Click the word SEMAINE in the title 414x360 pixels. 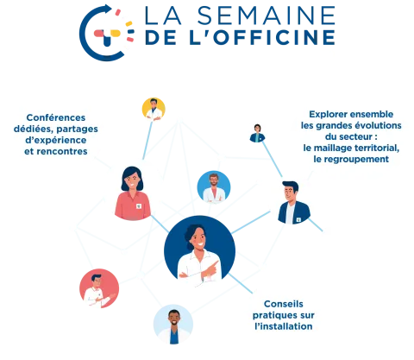pos(267,16)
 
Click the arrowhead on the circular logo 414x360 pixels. pos(108,9)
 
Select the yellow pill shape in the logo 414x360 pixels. pos(116,33)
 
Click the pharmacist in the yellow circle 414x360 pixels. pos(154,109)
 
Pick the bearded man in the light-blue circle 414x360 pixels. pos(214,187)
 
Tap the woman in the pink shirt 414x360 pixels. pos(133,193)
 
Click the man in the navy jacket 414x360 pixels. pos(294,203)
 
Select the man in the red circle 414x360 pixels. pos(99,288)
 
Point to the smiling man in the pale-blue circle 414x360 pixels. pos(173,325)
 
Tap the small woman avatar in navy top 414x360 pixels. pos(257,133)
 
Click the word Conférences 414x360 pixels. pos(56,117)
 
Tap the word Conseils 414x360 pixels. pos(284,304)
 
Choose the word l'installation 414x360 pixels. pos(284,326)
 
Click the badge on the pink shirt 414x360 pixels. pos(139,206)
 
